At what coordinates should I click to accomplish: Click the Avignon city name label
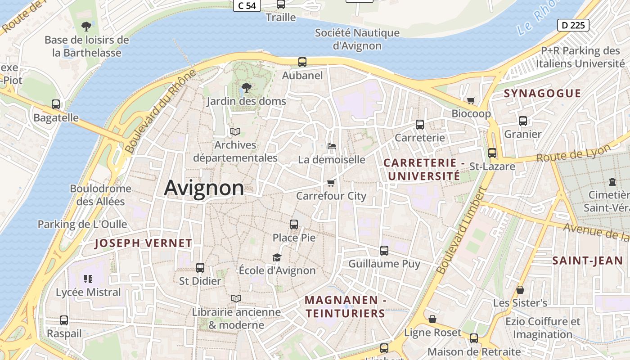[x=204, y=188]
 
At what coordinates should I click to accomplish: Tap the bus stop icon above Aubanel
[x=302, y=62]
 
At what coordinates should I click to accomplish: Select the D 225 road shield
[x=573, y=25]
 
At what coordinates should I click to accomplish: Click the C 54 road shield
[x=247, y=5]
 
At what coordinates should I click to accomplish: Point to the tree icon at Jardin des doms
[x=246, y=88]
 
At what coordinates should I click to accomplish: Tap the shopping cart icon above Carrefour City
[x=331, y=183]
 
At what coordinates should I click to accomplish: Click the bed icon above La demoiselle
[x=331, y=146]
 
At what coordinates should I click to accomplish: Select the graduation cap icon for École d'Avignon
[x=277, y=257]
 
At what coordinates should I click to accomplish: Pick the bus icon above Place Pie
[x=294, y=224]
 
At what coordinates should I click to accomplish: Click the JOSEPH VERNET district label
[x=144, y=243]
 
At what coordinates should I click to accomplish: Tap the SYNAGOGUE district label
[x=542, y=94]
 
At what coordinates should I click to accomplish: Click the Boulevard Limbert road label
[x=462, y=231]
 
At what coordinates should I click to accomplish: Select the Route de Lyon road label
[x=573, y=153]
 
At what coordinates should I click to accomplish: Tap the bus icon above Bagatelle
[x=56, y=104]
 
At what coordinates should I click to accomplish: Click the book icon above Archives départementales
[x=235, y=131]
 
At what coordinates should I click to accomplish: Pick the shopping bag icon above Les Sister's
[x=520, y=290]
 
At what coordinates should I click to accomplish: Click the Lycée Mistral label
[x=88, y=292]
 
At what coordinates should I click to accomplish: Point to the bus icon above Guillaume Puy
[x=384, y=251]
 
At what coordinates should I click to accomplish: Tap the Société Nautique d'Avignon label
[x=357, y=39]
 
